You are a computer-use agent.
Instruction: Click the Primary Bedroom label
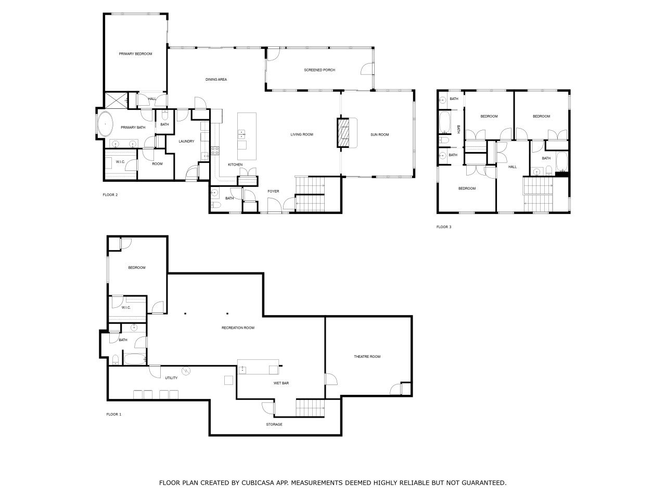click(x=135, y=54)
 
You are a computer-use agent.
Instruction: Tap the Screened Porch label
click(x=319, y=70)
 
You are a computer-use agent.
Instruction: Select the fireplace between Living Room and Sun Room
click(x=343, y=133)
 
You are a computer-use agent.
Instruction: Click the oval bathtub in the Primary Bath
click(x=105, y=124)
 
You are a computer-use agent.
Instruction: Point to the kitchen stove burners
click(x=215, y=151)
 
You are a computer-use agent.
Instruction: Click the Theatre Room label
click(x=367, y=356)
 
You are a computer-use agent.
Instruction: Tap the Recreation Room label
click(x=238, y=328)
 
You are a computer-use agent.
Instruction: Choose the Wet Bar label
click(x=281, y=383)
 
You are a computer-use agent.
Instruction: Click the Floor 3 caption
click(x=444, y=227)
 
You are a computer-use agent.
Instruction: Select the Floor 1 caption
click(x=114, y=414)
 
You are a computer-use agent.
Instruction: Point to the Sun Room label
click(x=380, y=134)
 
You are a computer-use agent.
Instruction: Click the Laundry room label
click(x=186, y=141)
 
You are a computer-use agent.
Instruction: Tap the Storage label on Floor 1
click(x=274, y=424)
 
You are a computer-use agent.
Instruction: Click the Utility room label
click(x=171, y=378)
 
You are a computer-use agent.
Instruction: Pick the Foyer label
click(x=273, y=191)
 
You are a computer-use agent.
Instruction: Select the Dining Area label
click(x=216, y=80)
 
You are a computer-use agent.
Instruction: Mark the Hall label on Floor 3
click(x=513, y=167)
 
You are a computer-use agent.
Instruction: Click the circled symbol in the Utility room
click(x=185, y=370)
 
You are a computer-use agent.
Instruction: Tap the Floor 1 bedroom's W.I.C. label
click(x=126, y=307)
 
